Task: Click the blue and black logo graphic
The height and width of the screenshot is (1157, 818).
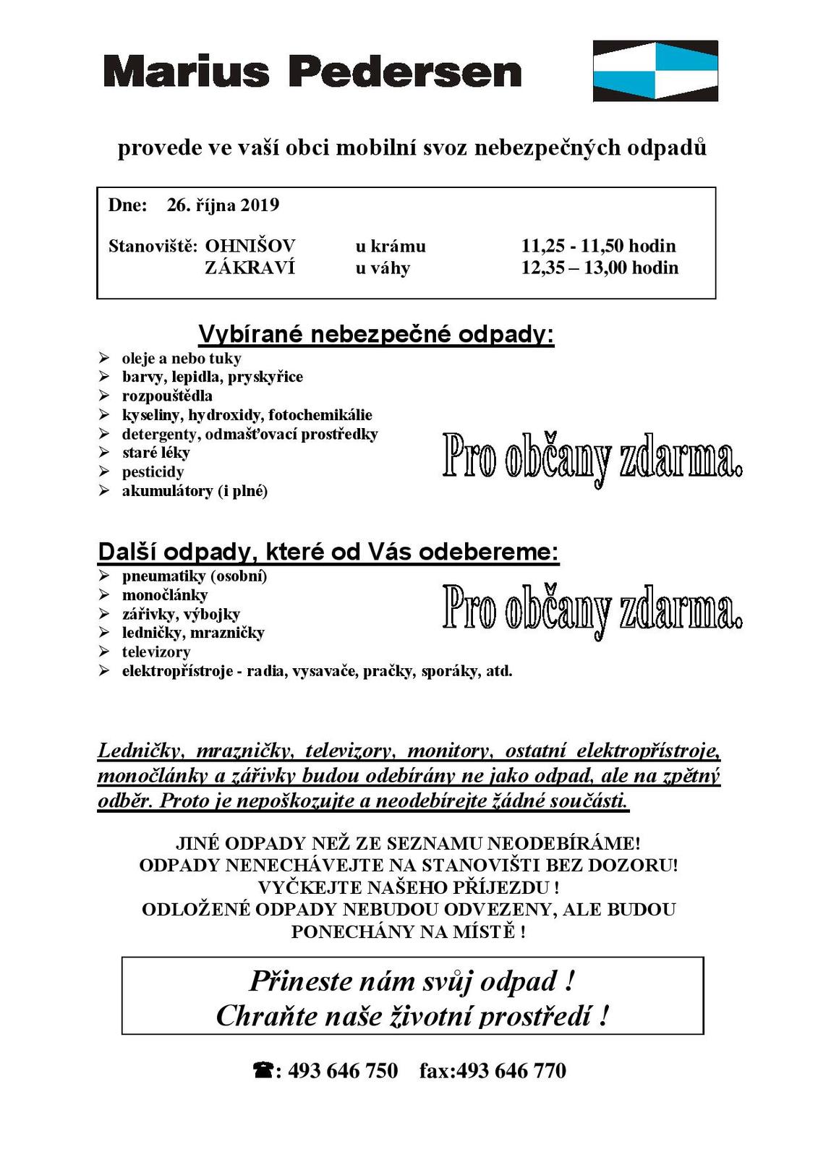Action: (x=655, y=71)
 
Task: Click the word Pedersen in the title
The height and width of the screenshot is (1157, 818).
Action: (x=404, y=72)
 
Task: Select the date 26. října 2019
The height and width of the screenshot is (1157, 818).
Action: (x=223, y=205)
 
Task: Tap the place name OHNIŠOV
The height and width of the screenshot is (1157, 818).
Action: (x=250, y=246)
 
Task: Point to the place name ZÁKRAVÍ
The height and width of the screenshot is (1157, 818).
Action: (x=250, y=268)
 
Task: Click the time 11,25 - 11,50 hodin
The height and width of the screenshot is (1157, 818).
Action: (x=598, y=246)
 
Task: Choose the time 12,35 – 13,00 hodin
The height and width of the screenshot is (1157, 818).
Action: (x=600, y=268)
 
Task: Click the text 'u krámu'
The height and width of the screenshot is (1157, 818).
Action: (x=390, y=247)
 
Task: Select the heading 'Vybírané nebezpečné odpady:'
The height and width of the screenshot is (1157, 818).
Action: (x=376, y=334)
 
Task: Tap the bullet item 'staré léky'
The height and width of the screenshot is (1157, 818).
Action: (x=155, y=453)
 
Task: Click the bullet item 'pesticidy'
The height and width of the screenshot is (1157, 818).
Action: (x=153, y=472)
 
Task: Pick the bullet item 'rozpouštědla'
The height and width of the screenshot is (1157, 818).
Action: (x=167, y=396)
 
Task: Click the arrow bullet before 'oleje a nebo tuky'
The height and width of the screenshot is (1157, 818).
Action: (x=105, y=358)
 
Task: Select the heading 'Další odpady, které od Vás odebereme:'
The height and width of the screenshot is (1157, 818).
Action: (x=328, y=552)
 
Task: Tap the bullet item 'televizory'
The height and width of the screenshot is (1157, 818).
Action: (x=155, y=652)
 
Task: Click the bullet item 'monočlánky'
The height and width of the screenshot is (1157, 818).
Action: (x=164, y=595)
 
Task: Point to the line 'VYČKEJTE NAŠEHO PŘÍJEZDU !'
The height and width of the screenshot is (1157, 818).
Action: (x=408, y=887)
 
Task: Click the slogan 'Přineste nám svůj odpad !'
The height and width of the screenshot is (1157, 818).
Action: (x=412, y=981)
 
